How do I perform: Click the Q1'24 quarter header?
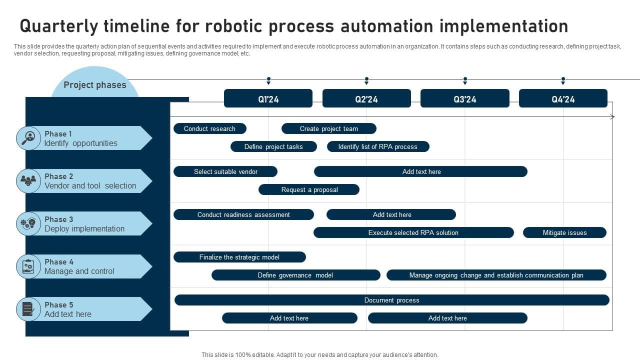click(x=268, y=98)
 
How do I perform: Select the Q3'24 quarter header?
click(x=464, y=98)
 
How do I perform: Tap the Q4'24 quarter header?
click(x=563, y=98)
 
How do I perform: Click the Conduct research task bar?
click(x=210, y=128)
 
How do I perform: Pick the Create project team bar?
click(x=328, y=128)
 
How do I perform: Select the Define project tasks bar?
click(x=273, y=146)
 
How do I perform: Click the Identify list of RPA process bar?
click(x=378, y=146)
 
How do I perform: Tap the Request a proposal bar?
click(x=309, y=189)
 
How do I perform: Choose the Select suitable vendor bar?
click(x=225, y=171)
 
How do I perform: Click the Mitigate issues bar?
click(x=564, y=232)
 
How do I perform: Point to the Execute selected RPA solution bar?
click(x=413, y=232)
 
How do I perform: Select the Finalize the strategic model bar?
click(x=239, y=257)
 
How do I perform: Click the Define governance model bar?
click(x=295, y=275)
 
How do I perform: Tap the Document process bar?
click(x=391, y=300)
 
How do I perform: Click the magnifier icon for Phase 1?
click(x=28, y=138)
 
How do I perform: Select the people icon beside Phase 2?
click(x=28, y=180)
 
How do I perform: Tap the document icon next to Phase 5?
click(x=28, y=309)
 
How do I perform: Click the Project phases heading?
click(x=95, y=85)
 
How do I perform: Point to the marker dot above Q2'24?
click(x=366, y=79)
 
